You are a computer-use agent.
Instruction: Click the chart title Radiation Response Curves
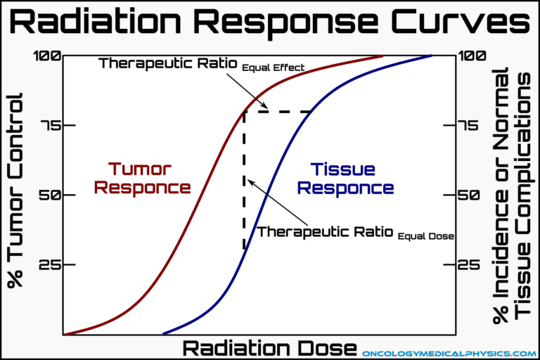270,22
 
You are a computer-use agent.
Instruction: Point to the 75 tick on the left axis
46,125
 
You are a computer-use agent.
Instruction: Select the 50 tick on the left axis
46,195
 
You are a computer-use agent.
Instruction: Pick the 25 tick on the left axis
46,264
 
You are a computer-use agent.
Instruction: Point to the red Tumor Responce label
143,178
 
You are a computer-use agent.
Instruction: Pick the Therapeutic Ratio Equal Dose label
355,232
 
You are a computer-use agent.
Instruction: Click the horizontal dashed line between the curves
278,111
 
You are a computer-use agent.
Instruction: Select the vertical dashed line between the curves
244,179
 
